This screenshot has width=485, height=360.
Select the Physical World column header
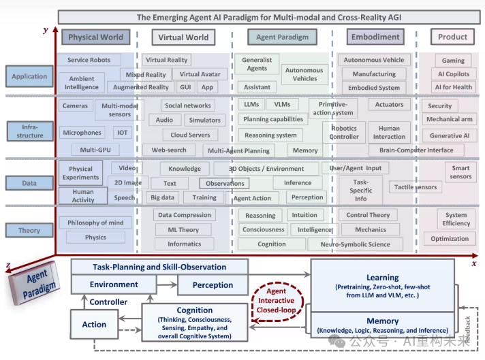coord(96,37)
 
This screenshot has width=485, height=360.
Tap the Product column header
coord(452,37)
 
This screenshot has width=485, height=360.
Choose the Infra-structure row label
coord(29,130)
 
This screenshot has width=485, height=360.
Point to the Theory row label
coord(29,231)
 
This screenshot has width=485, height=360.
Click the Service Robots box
coord(89,60)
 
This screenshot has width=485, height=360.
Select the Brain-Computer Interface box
coord(416,150)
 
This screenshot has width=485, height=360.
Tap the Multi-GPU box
coord(96,150)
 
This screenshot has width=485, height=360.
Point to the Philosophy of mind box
coord(95,223)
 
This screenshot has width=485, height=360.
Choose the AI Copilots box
coord(453,73)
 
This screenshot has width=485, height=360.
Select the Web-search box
coord(169,150)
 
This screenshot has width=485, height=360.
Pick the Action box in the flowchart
coord(94,325)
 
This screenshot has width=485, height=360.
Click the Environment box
coord(114,284)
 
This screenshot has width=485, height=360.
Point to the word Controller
coord(109,302)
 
